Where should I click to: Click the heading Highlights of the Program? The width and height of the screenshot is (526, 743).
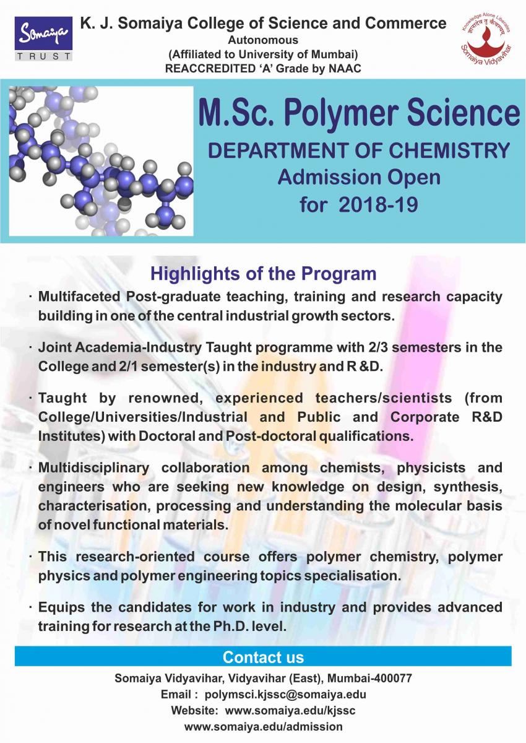(264, 273)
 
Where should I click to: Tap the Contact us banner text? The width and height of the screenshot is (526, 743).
(263, 657)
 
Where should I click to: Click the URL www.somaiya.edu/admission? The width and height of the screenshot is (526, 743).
(263, 726)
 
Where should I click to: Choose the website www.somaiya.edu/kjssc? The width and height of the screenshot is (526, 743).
(290, 710)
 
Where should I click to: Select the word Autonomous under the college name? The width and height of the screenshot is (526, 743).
(263, 40)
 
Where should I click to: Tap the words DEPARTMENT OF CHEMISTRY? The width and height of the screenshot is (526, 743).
(359, 150)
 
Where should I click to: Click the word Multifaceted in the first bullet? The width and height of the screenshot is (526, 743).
(80, 297)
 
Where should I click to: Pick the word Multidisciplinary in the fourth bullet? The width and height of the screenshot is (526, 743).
(95, 467)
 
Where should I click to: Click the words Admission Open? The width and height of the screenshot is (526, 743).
(359, 178)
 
